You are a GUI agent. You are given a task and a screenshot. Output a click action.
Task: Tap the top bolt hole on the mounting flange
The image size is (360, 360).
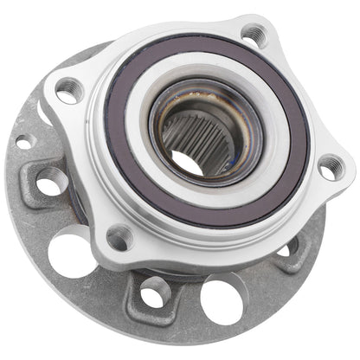tap(252, 35)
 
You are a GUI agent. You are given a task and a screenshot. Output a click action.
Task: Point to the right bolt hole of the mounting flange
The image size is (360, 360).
tap(330, 168)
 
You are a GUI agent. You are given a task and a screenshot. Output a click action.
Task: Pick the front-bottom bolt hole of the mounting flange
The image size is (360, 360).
tap(118, 235)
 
